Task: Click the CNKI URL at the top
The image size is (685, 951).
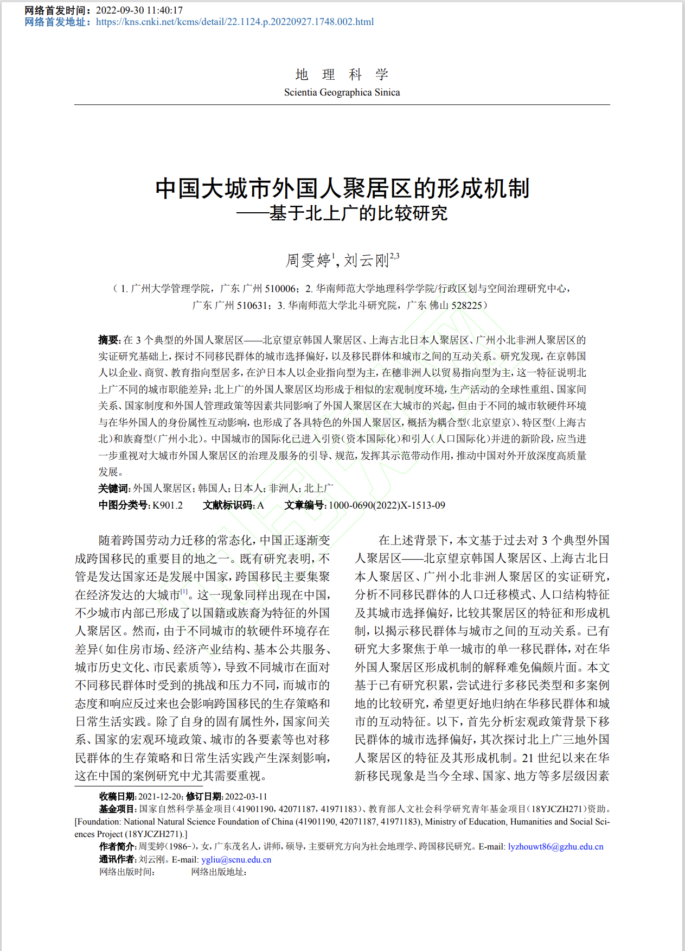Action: (234, 22)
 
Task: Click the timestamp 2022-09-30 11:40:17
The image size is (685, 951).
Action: (139, 10)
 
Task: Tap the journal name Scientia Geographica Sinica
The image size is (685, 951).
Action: (342, 92)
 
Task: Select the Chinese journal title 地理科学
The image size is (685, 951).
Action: (342, 74)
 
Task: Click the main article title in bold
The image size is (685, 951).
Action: (342, 188)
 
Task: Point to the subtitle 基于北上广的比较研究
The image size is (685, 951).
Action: (358, 213)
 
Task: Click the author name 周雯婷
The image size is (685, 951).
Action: (308, 261)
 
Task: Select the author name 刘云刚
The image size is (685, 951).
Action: (366, 261)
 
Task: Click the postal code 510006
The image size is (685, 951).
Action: (280, 289)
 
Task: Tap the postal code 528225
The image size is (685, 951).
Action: (467, 305)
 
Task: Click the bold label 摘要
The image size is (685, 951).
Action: (108, 340)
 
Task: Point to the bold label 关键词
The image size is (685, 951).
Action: (113, 489)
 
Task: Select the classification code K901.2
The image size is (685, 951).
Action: (168, 505)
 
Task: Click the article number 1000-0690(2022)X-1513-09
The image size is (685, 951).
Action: (387, 505)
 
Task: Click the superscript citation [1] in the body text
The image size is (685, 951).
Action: (184, 592)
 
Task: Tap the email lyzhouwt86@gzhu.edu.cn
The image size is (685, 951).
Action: (555, 847)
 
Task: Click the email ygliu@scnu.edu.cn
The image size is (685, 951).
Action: (236, 860)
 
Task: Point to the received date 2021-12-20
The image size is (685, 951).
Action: (160, 796)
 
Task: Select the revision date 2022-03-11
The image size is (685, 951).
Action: (246, 796)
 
